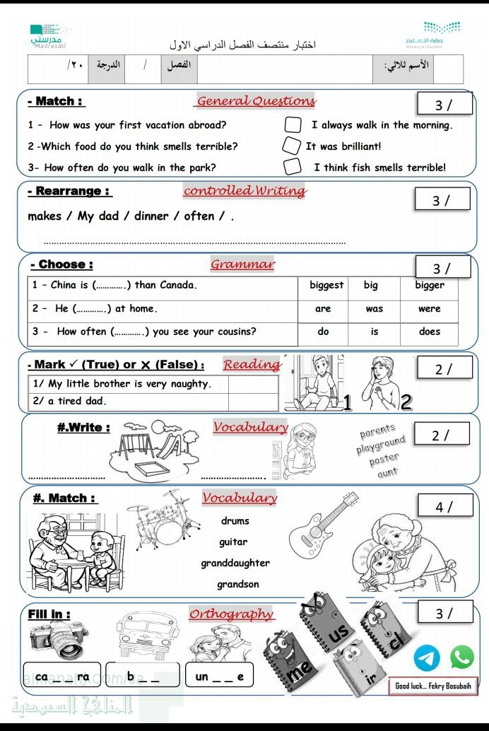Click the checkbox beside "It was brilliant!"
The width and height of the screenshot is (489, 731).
click(x=291, y=146)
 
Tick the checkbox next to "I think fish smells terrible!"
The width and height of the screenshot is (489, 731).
click(x=292, y=167)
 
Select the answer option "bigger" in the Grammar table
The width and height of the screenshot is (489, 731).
click(x=430, y=286)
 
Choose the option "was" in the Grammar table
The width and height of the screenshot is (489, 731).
click(x=375, y=309)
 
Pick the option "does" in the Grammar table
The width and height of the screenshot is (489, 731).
click(x=430, y=332)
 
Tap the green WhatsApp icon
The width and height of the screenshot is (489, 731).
click(x=461, y=657)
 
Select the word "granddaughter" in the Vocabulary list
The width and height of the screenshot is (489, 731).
click(x=235, y=563)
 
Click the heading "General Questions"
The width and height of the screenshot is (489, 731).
click(x=256, y=101)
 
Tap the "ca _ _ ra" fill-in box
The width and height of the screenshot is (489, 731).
click(x=62, y=676)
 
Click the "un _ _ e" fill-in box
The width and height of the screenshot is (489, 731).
click(x=219, y=677)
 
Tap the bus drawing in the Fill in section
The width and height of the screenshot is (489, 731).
click(x=143, y=634)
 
